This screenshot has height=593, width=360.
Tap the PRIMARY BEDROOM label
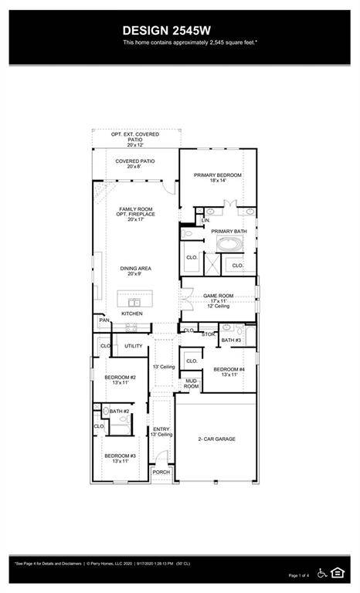(x=218, y=175)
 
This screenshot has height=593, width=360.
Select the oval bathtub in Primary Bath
(x=229, y=246)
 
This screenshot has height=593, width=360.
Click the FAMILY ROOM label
(x=136, y=209)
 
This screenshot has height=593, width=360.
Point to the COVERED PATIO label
(x=135, y=161)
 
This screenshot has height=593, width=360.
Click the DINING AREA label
(x=135, y=269)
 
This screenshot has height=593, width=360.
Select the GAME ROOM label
(x=218, y=296)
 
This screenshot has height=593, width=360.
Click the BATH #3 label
(x=231, y=340)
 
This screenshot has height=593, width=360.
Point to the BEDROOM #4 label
(x=229, y=369)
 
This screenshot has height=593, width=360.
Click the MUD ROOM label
(x=191, y=383)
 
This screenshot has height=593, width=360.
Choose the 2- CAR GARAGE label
(x=216, y=439)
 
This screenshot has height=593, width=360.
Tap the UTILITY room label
(x=134, y=346)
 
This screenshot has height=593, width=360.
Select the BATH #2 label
(x=118, y=412)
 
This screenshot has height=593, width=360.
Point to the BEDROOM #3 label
(x=120, y=456)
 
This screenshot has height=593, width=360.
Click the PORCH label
(x=161, y=472)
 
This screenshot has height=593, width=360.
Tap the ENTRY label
(x=161, y=429)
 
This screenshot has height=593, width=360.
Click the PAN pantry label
(x=104, y=320)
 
